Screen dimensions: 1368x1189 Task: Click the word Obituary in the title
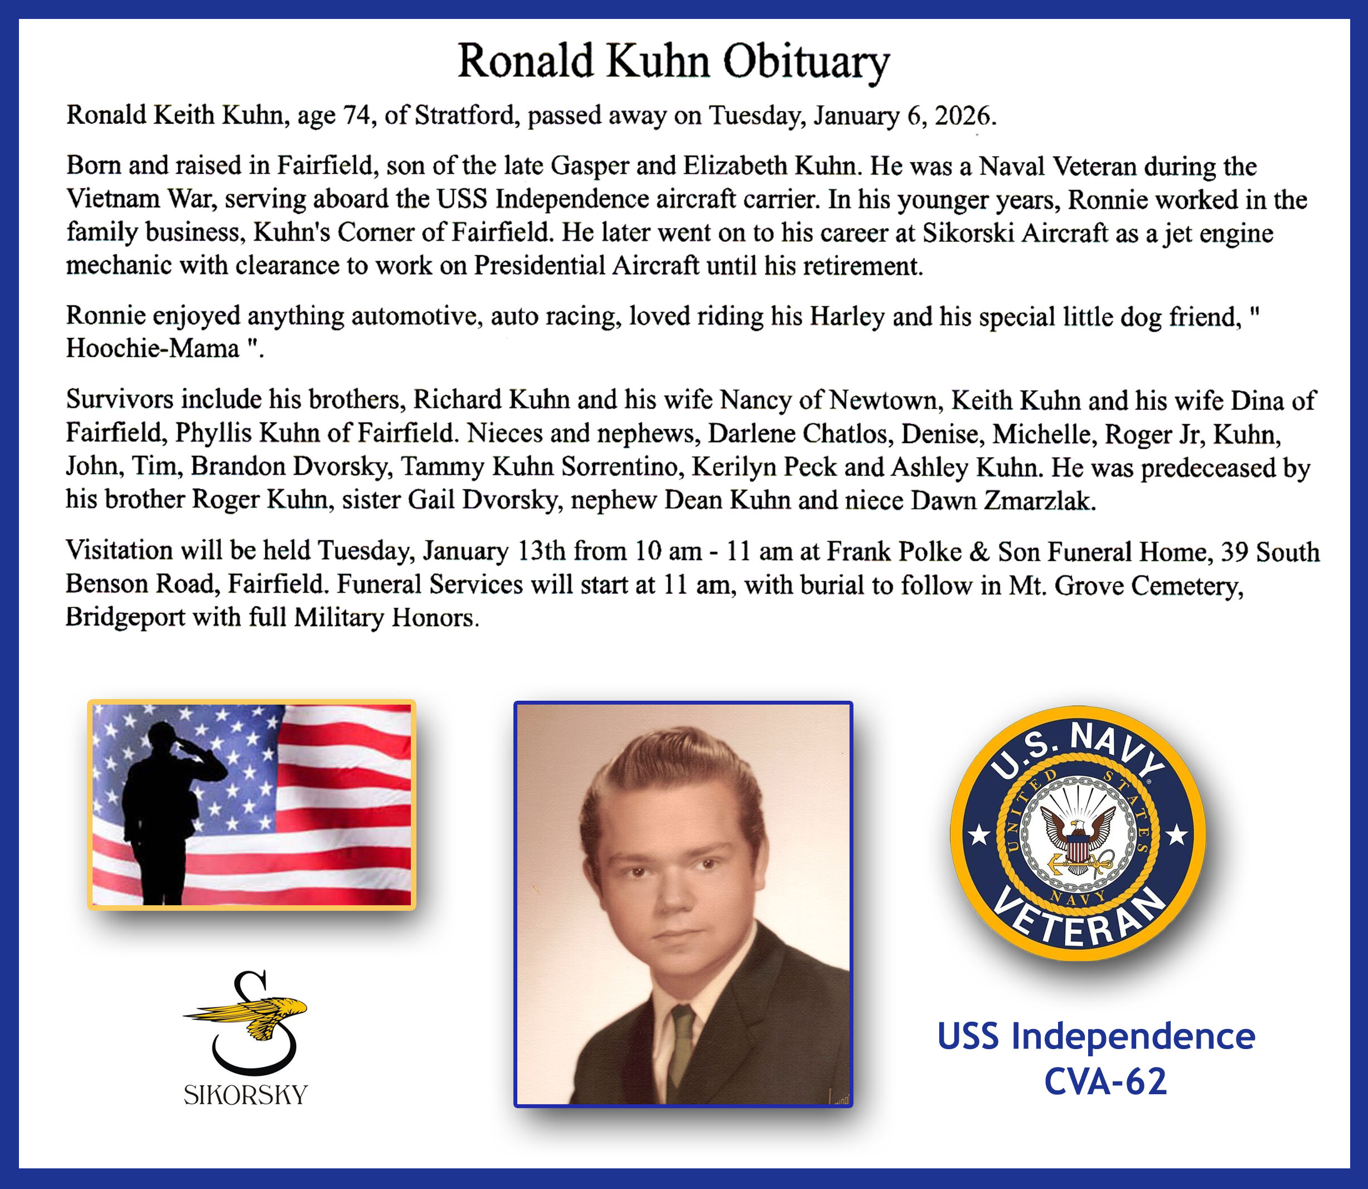click(x=806, y=62)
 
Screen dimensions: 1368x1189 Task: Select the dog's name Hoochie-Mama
click(x=153, y=348)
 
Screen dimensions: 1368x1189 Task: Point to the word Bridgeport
click(x=125, y=618)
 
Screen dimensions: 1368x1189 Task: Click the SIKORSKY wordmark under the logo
click(x=246, y=1095)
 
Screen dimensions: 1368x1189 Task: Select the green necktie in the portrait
click(x=681, y=1044)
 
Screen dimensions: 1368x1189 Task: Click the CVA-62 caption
click(x=1105, y=1082)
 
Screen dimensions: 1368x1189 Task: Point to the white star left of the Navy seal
click(x=979, y=834)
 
